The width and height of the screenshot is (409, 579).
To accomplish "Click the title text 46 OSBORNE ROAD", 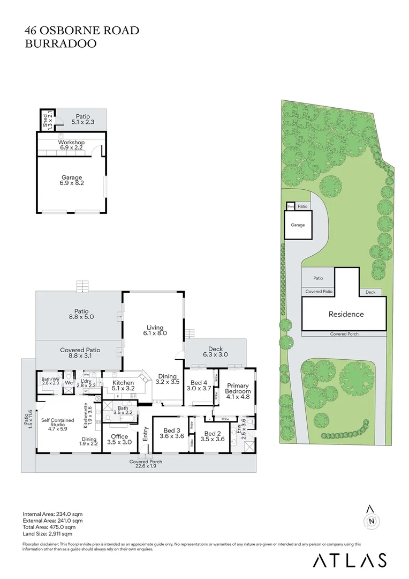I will click(82, 31).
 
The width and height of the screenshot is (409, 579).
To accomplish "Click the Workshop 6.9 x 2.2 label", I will click(71, 145).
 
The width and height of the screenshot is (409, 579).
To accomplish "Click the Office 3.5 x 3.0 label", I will click(119, 440).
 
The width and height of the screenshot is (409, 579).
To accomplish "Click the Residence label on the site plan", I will click(345, 314).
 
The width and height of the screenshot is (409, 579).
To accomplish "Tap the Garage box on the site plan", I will click(298, 225).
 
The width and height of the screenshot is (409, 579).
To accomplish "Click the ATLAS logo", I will click(349, 560).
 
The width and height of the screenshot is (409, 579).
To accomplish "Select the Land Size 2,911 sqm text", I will click(47, 534).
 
